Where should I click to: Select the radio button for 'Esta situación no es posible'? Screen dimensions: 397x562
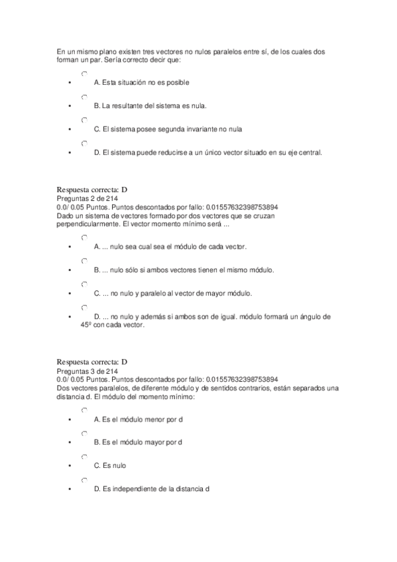(84, 74)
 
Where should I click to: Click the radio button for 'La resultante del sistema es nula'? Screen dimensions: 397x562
(84, 97)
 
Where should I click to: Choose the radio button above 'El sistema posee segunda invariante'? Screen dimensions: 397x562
(84, 121)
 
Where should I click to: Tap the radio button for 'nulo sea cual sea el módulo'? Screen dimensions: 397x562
(84, 238)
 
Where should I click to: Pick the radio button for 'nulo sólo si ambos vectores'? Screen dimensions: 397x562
(84, 261)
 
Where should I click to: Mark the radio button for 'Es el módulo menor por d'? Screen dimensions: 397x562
(84, 411)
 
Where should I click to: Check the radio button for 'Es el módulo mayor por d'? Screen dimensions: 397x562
(84, 434)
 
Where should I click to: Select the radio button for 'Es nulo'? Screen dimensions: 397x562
(84, 457)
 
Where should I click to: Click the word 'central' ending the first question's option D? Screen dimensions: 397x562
(310, 152)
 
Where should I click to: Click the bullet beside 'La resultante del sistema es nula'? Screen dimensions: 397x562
(69, 106)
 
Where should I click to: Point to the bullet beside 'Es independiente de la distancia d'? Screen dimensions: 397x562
(69, 489)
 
